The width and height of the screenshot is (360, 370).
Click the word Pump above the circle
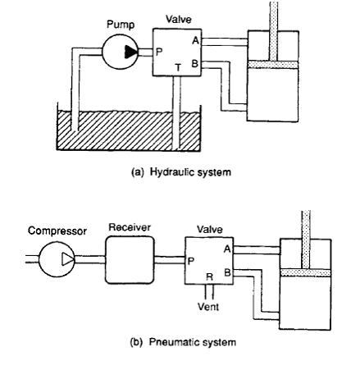point(121,25)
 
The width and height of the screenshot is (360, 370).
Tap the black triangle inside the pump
point(131,52)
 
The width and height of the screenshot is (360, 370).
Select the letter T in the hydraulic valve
point(178,67)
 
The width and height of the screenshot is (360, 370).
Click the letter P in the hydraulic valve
point(159,52)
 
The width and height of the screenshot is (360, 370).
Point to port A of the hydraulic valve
point(196,40)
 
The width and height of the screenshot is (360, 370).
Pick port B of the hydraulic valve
point(194,64)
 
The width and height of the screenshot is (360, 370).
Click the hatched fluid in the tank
point(129,130)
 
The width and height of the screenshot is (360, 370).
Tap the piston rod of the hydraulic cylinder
point(274,31)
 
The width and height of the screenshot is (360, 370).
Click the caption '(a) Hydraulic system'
point(181,172)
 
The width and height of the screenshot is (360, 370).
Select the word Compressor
point(57,231)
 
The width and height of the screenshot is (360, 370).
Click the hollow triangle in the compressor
point(67,259)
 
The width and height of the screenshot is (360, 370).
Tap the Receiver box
point(130,259)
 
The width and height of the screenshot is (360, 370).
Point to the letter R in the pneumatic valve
point(209,277)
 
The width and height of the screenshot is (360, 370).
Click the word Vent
point(208,307)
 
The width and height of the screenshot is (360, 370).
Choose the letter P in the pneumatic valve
point(190,261)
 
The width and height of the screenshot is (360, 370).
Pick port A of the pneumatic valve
point(227,249)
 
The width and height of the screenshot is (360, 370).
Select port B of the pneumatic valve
point(227,272)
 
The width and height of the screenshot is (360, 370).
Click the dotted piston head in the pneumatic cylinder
point(306,272)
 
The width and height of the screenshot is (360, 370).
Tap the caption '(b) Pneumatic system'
point(183,342)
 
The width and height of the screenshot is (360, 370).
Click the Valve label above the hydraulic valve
point(179,20)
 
